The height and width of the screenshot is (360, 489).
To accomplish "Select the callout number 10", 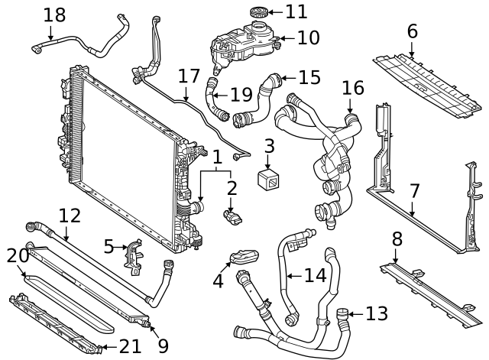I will click(x=308, y=36).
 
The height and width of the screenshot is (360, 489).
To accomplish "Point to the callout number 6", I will click(x=412, y=31).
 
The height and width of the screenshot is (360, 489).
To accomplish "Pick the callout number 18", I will click(x=54, y=15).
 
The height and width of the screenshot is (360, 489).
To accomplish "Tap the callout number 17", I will click(x=188, y=76).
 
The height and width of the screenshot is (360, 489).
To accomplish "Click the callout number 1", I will click(x=217, y=157).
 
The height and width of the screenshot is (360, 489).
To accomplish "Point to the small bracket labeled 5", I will click(x=135, y=255).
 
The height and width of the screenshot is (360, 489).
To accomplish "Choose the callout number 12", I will click(x=70, y=216).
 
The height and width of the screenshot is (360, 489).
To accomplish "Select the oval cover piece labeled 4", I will click(x=243, y=258).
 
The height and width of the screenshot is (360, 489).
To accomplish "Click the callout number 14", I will click(x=316, y=274).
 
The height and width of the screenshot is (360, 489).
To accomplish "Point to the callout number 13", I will click(x=377, y=313).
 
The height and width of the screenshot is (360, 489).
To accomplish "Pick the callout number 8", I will click(x=397, y=239).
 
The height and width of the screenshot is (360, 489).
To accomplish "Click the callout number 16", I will click(x=352, y=88).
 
